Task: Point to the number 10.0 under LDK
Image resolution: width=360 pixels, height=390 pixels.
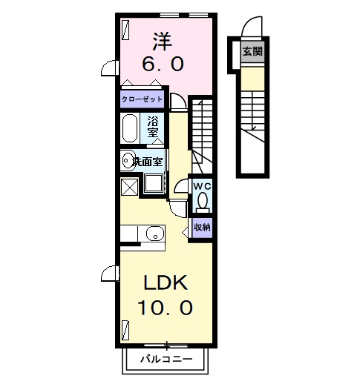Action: point(167,305)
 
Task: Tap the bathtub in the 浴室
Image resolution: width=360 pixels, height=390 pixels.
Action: point(131,128)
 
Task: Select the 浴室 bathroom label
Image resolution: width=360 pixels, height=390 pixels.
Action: point(154,127)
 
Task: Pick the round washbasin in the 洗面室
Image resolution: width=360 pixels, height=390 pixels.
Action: point(128,159)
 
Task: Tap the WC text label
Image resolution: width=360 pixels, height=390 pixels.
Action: point(202,185)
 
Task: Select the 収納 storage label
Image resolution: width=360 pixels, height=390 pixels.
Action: point(202,227)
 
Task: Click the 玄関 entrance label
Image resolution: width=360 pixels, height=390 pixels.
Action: point(252,52)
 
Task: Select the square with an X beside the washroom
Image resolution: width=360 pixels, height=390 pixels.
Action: point(129,187)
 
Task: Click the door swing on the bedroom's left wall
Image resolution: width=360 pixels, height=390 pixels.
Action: point(110,68)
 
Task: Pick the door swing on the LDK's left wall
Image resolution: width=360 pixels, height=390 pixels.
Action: point(110,274)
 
